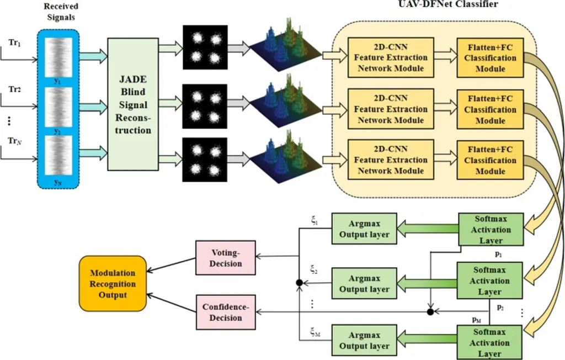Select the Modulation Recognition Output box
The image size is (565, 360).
coord(113,284)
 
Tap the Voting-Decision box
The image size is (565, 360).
coord(225,257)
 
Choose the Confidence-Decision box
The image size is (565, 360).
coord(225,312)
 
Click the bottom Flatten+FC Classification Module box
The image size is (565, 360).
coord(490,160)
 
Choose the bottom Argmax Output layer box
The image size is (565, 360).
coord(364,340)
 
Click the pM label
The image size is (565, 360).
coord(478,320)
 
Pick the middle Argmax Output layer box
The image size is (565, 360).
coord(364,283)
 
